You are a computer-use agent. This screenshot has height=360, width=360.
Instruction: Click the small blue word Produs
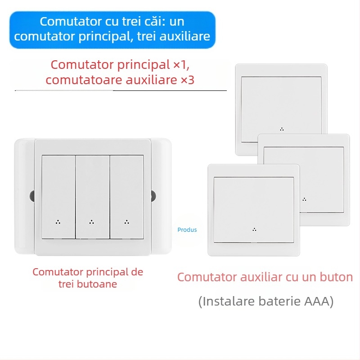(187, 229)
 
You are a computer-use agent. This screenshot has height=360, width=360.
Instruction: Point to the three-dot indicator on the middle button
(92, 221)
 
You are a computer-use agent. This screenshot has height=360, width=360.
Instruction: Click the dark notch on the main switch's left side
(32, 196)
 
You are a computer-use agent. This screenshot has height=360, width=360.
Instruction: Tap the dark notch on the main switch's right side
(153, 196)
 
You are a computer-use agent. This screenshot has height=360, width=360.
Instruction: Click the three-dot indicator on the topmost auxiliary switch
(282, 129)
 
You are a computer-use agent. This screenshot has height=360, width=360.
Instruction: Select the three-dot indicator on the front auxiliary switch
(254, 229)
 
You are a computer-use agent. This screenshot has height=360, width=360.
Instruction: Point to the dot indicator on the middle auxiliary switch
(305, 198)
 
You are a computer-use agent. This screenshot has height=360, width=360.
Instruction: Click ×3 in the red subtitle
(187, 80)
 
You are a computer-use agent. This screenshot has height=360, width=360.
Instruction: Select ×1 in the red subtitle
(179, 64)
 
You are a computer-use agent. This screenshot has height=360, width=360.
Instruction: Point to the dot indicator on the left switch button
(58, 221)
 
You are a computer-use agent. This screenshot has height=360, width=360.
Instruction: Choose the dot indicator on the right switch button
(126, 221)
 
